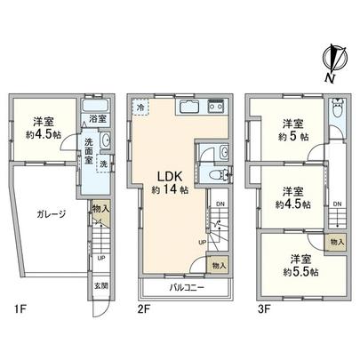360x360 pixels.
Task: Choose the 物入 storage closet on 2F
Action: (x=219, y=264)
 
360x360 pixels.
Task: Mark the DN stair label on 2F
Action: (x=220, y=203)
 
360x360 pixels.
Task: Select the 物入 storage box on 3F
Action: (x=337, y=242)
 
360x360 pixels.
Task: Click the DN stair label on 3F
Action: (x=336, y=204)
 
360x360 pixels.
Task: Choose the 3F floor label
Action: (x=258, y=309)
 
